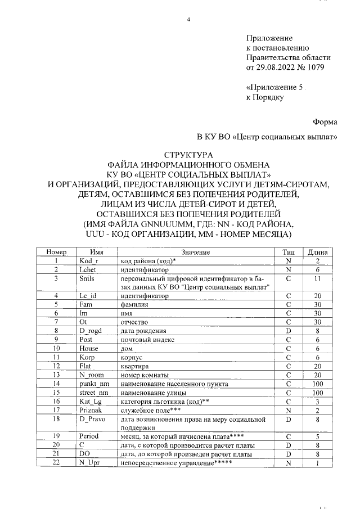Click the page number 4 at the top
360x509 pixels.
pyautogui.click(x=190, y=20)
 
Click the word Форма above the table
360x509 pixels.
pyautogui.click(x=325, y=121)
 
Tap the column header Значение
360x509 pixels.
pyautogui.click(x=195, y=253)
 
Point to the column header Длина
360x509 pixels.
pyautogui.click(x=318, y=253)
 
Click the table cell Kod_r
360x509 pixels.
pyautogui.click(x=89, y=262)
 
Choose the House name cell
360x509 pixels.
pyautogui.click(x=89, y=348)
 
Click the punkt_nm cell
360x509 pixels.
pyautogui.click(x=93, y=382)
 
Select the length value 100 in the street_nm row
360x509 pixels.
pyautogui.click(x=318, y=391)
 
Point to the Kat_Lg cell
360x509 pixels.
pyautogui.click(x=90, y=400)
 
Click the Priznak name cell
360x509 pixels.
pyautogui.click(x=91, y=409)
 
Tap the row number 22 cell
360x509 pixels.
pyautogui.click(x=56, y=463)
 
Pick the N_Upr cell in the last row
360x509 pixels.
pyautogui.click(x=89, y=463)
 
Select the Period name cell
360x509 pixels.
pyautogui.click(x=89, y=436)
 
